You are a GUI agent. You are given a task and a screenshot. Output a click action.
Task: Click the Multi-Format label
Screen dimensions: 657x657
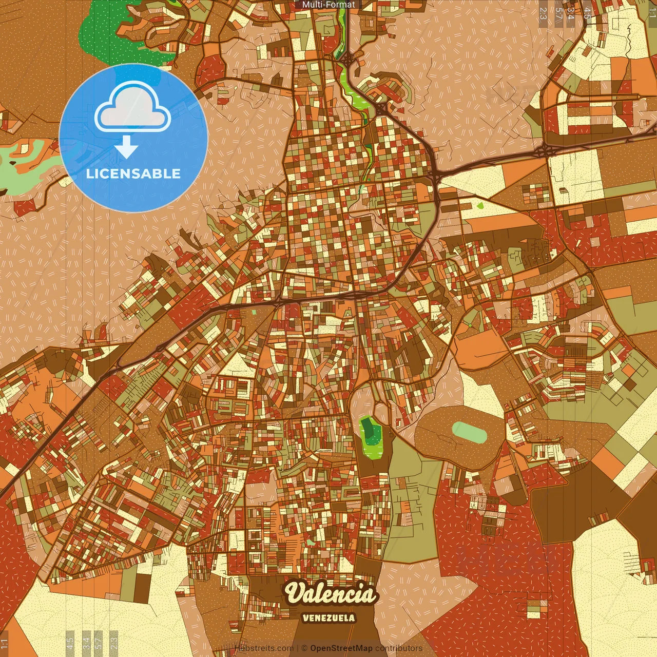tap(328, 5)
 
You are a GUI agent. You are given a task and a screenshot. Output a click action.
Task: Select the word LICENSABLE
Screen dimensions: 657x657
tap(133, 173)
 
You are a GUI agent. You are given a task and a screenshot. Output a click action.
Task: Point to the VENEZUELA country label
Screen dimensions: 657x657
tap(328, 617)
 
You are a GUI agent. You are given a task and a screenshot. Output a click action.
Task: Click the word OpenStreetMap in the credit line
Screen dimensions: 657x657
tap(341, 648)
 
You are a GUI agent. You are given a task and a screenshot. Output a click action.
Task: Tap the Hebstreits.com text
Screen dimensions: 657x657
tap(264, 648)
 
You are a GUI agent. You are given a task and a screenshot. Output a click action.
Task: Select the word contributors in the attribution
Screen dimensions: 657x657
tap(398, 648)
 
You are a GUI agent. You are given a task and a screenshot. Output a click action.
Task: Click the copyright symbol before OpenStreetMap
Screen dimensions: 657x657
tap(304, 648)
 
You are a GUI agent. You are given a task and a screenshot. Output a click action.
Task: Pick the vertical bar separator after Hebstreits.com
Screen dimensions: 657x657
tap(297, 648)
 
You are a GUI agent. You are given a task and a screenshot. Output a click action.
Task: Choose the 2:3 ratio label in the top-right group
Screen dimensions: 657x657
tap(543, 13)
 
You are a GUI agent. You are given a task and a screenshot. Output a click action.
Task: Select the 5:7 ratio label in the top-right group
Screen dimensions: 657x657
tap(558, 13)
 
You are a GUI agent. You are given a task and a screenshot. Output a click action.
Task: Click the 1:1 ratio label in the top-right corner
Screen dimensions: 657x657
tap(652, 11)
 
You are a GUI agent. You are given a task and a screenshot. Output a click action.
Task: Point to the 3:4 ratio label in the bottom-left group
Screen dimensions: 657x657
tap(86, 643)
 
